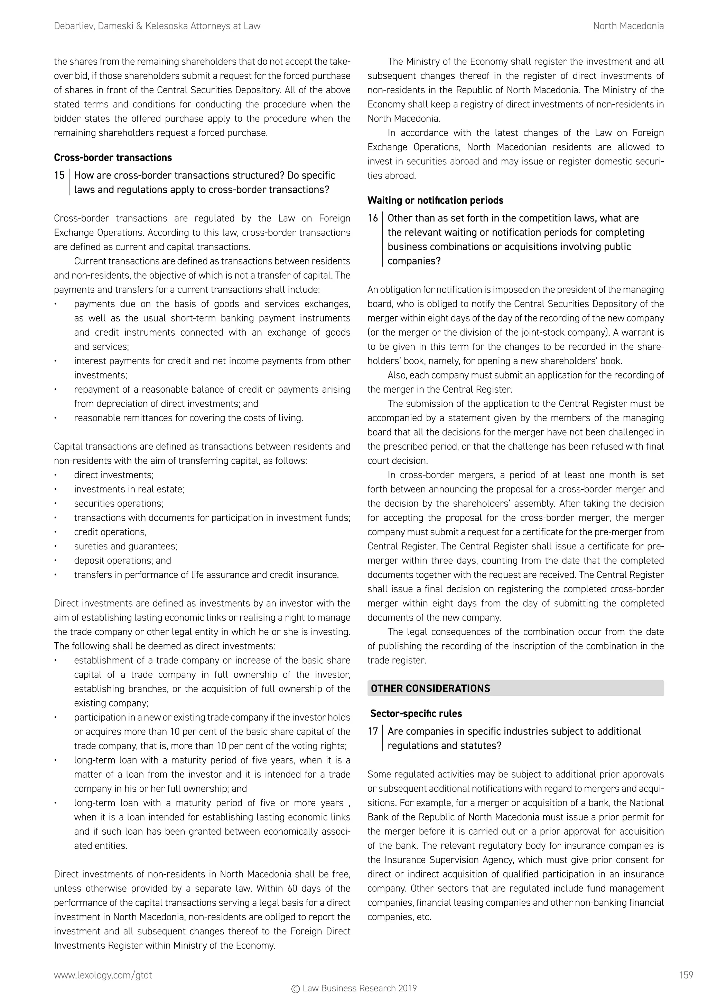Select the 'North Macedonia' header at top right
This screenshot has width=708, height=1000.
click(x=628, y=26)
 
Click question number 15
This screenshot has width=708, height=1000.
click(x=59, y=175)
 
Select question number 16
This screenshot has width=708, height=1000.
click(x=373, y=218)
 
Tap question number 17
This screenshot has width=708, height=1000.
click(x=373, y=731)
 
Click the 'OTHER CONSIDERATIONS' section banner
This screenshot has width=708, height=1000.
click(x=430, y=689)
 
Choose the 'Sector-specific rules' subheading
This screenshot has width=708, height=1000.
click(x=416, y=713)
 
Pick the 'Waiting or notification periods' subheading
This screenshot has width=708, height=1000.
click(x=435, y=200)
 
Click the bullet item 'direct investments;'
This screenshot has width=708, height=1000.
click(x=114, y=475)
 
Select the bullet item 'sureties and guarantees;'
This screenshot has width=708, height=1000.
click(x=125, y=546)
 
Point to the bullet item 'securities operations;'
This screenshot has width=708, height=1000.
click(x=119, y=504)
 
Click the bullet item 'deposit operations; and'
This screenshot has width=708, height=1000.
click(x=122, y=560)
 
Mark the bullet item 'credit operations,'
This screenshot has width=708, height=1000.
click(x=110, y=532)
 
